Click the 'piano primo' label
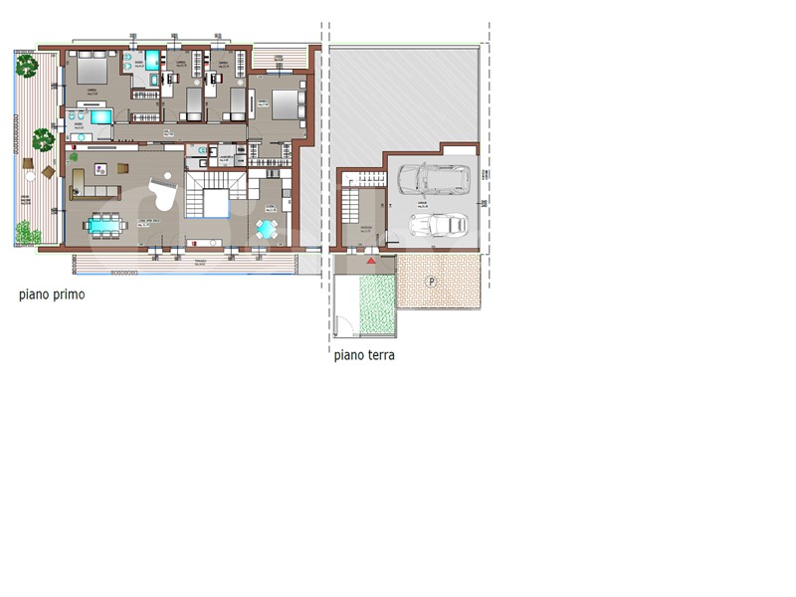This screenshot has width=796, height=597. point(52,295)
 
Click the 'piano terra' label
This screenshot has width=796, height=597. point(364,354)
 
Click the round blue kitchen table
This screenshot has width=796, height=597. point(268,229)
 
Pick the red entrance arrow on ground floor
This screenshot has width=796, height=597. point(372,260)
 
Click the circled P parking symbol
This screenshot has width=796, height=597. point(432,282)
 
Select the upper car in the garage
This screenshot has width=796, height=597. point(433,179)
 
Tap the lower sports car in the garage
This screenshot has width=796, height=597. point(437,226)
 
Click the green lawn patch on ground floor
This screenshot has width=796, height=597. point(377,304)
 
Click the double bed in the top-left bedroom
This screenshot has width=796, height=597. point(92,69)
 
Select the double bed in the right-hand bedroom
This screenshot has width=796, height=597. point(287,101)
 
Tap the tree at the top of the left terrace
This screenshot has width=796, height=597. point(27,67)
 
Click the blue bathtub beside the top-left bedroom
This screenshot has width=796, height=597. point(101,117)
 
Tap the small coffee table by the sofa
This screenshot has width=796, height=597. point(101,170)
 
